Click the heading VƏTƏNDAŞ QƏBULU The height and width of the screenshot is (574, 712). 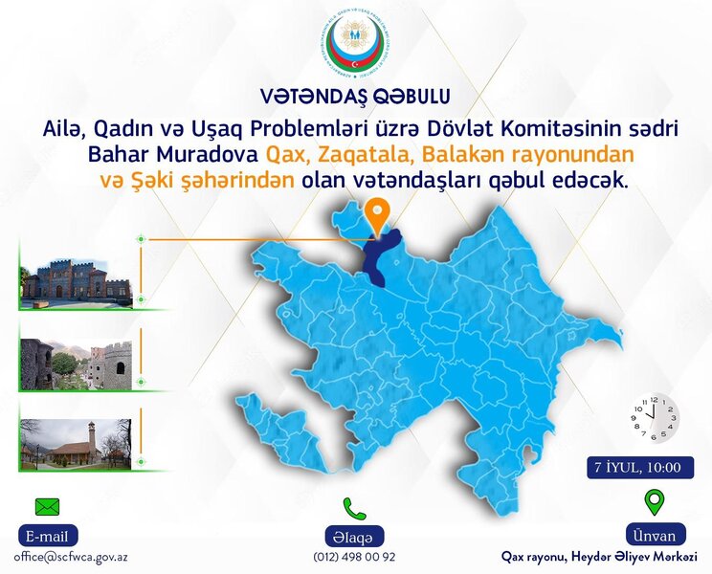click(355, 96)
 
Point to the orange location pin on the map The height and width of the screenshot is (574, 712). click(378, 214)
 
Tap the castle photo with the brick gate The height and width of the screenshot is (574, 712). click(76, 277)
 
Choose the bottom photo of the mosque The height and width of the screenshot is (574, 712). click(76, 444)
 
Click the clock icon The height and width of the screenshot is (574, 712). click(655, 417)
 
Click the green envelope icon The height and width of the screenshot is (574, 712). click(47, 506)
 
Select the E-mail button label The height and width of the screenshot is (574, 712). click(47, 536)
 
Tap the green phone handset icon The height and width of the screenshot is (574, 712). click(355, 507)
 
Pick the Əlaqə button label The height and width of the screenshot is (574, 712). click(355, 536)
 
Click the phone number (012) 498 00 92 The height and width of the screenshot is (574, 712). click(354, 556)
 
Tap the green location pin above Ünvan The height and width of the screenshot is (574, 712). click(654, 502)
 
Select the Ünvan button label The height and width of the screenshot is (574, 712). click(654, 535)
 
